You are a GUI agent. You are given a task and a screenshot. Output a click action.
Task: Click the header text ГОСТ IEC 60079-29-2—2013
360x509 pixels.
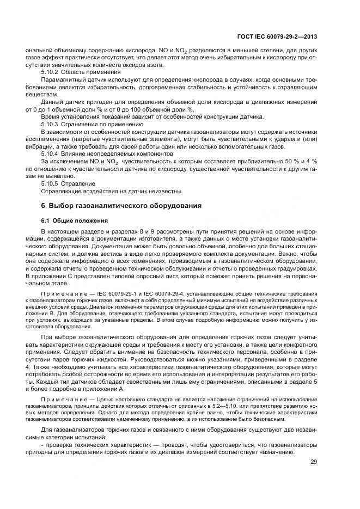(278, 37)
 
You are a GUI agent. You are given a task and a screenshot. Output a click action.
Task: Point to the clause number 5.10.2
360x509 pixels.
(51, 72)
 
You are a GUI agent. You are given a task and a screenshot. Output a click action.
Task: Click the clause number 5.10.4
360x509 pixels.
(51, 154)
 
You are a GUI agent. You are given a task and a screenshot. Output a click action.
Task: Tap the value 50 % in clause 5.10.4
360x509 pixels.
(287, 162)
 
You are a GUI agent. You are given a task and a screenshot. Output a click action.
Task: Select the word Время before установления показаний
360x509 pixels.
(51, 116)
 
